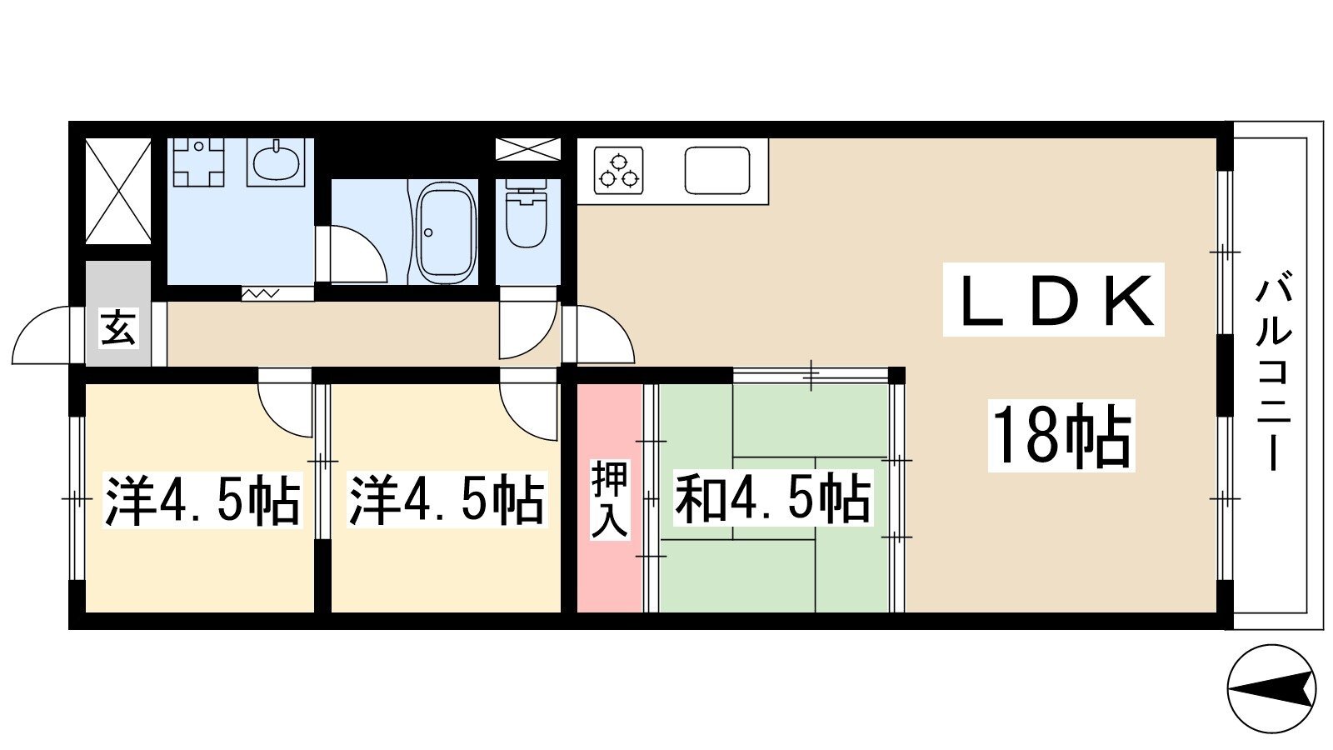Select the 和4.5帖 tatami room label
(772, 497)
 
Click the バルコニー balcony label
(1273, 370)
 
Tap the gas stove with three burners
(619, 170)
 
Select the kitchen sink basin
(717, 170)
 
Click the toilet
(526, 217)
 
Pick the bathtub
(447, 233)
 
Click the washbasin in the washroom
(276, 162)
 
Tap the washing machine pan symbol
(199, 162)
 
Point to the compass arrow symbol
(1271, 690)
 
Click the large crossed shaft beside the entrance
(117, 191)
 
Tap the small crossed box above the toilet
(528, 149)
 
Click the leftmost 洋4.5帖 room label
(202, 499)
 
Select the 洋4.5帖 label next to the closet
(446, 499)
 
